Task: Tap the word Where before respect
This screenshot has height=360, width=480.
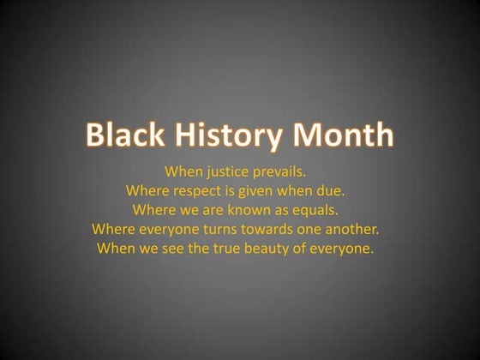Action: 147,190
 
